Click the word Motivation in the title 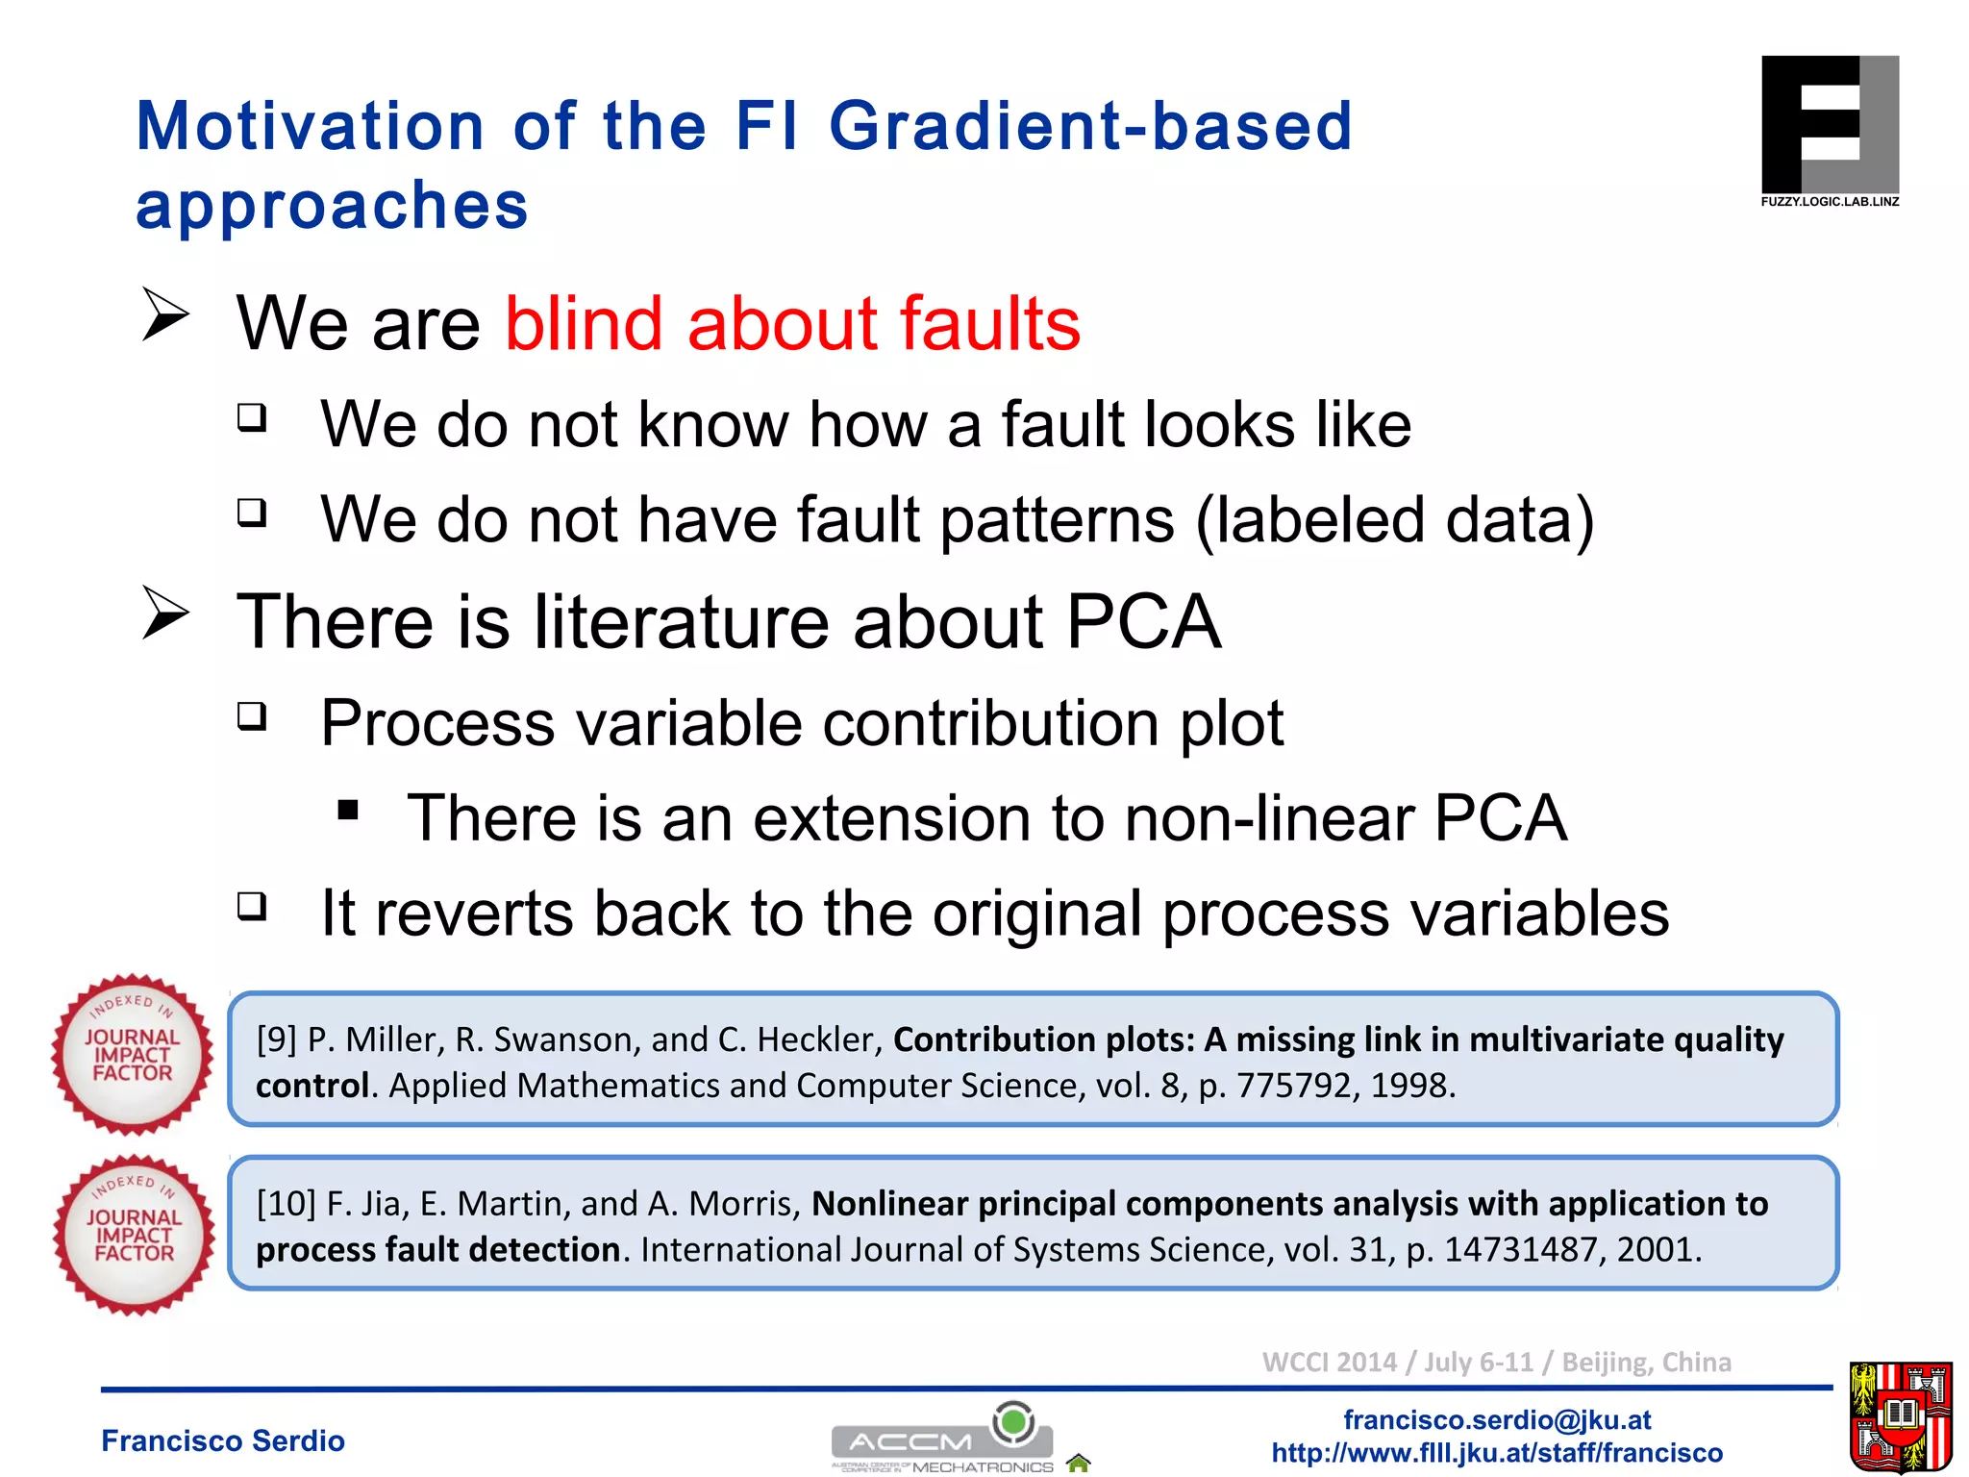(x=310, y=126)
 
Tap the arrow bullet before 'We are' (x=165, y=314)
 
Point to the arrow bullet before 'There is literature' (x=165, y=613)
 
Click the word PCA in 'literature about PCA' (x=1143, y=622)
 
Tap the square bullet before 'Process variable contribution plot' (x=252, y=716)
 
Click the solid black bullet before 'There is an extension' (x=348, y=810)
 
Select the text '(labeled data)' (x=1394, y=520)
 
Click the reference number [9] (x=276, y=1039)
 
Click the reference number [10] (x=286, y=1204)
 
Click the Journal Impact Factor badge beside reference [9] (x=133, y=1055)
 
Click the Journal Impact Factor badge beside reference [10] (x=135, y=1236)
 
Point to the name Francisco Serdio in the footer (x=223, y=1440)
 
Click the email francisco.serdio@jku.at (x=1496, y=1419)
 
